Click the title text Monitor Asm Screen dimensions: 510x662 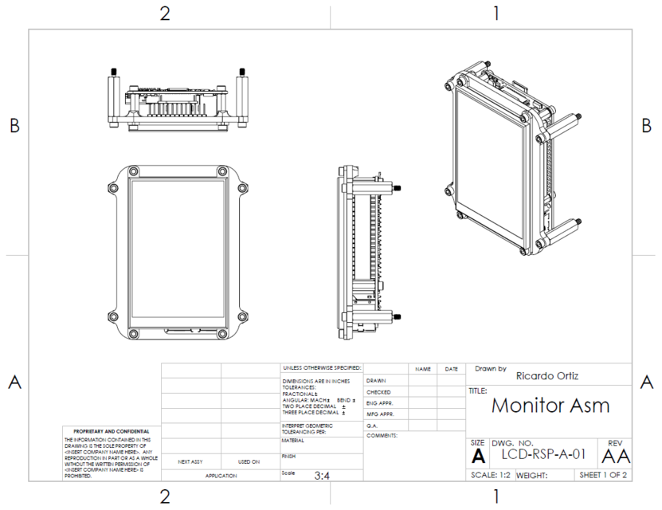tap(550, 406)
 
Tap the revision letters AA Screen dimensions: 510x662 tap(616, 456)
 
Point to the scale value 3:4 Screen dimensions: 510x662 tap(323, 475)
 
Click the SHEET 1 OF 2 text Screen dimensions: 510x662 tap(603, 475)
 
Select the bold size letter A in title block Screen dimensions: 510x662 tap(478, 457)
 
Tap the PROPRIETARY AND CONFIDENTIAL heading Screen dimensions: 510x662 tap(112, 431)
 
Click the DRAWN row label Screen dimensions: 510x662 tap(376, 381)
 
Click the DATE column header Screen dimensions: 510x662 tap(452, 370)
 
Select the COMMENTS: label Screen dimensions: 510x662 tap(382, 436)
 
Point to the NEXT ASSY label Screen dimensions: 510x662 tap(190, 461)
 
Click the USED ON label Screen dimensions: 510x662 tap(249, 461)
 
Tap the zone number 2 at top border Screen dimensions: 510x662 tap(165, 14)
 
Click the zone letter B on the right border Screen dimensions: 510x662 tap(646, 126)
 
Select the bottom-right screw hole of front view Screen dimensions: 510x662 tap(221, 333)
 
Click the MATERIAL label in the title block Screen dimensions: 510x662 tap(294, 440)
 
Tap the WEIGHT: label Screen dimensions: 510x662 tap(531, 475)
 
